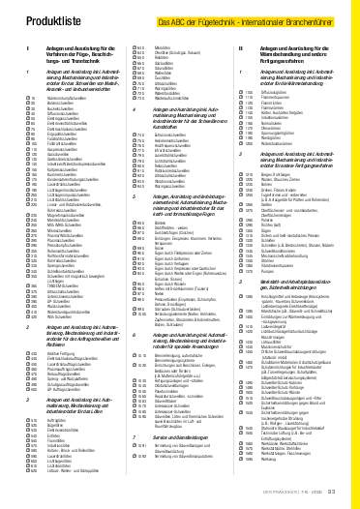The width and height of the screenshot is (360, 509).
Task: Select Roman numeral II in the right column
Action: (x=239, y=47)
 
